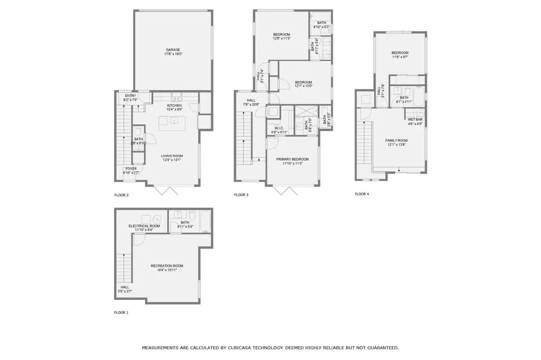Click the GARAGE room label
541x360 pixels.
[173, 50]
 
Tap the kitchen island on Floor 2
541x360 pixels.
[173, 124]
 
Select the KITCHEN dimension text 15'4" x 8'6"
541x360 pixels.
[174, 110]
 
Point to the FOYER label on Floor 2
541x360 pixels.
[131, 169]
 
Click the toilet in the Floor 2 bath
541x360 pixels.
[138, 131]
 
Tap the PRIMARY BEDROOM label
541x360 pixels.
[292, 159]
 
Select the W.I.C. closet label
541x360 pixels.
[279, 128]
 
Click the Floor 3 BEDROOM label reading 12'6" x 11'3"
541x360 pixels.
[281, 34]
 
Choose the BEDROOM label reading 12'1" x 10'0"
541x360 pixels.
[303, 82]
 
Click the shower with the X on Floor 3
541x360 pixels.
[307, 111]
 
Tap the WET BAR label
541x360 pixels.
[415, 119]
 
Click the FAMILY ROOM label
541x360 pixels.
[396, 140]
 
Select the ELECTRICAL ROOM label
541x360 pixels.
[144, 226]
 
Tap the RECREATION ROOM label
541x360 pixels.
[167, 266]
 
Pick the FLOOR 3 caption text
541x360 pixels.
[241, 195]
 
